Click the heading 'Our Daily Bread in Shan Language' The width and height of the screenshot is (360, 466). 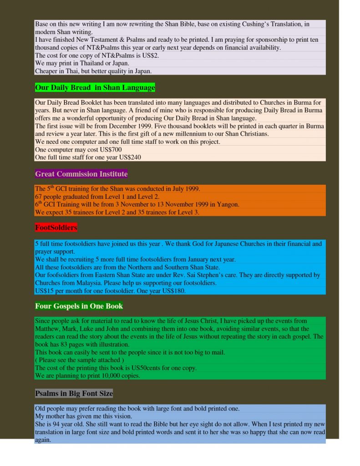[x=95, y=87]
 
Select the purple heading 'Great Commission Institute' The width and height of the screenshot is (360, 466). [x=81, y=174]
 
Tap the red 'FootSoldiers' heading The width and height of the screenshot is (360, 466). [x=56, y=227]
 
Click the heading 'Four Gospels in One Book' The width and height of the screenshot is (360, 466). [x=79, y=306]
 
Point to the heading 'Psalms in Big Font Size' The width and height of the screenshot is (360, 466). [x=74, y=393]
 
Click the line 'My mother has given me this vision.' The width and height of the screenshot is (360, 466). [x=83, y=416]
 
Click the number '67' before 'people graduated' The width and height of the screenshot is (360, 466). [x=38, y=197]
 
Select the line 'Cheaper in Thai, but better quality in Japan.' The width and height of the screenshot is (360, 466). [x=93, y=71]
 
